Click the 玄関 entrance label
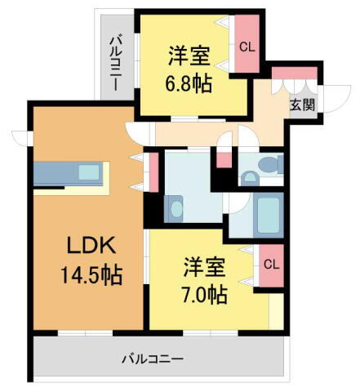[x=302, y=104]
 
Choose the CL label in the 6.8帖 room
[x=247, y=47]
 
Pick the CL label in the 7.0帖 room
[x=272, y=264]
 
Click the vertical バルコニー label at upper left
[x=115, y=62]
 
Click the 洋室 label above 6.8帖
[x=189, y=56]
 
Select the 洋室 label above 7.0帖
[x=203, y=266]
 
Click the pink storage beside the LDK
[x=153, y=171]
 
